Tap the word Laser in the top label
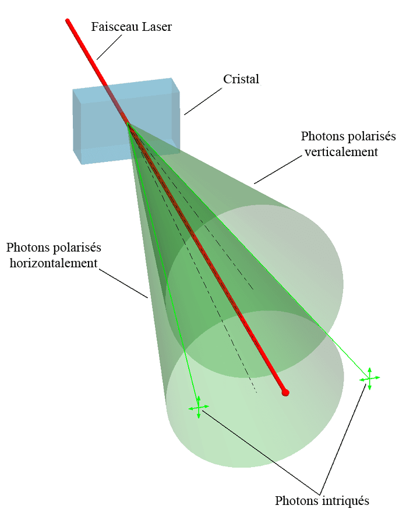tap(157, 27)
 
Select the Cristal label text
tap(241, 79)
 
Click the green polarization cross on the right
tap(369, 378)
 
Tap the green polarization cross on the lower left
tap(199, 408)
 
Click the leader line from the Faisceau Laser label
tap(110, 47)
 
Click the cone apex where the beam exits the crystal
tap(127, 123)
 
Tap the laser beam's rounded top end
tap(68, 22)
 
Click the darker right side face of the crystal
tap(176, 114)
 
